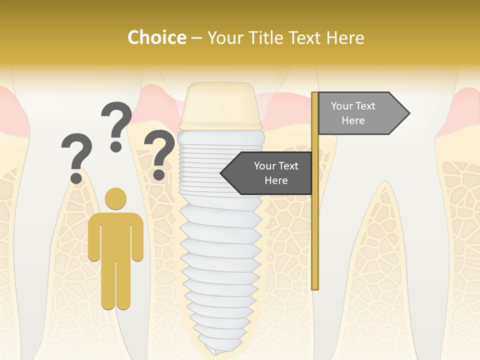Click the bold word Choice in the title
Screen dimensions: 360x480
(x=156, y=37)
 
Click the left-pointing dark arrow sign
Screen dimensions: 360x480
(x=267, y=173)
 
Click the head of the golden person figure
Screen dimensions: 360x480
(x=115, y=198)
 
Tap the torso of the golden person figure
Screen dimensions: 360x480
(x=115, y=235)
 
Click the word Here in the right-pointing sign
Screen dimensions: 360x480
(x=353, y=120)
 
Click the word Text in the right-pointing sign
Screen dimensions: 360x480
(x=365, y=106)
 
